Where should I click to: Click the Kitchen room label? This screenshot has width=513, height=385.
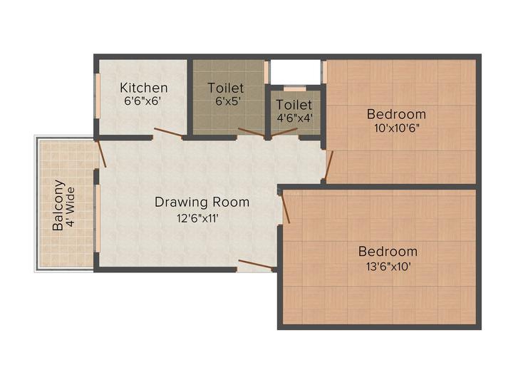click(144, 88)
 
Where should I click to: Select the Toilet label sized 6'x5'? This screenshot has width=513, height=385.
click(225, 88)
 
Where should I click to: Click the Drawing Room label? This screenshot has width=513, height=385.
click(202, 202)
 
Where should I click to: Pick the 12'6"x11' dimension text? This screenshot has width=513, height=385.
click(202, 219)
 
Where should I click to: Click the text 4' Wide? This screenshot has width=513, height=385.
click(73, 205)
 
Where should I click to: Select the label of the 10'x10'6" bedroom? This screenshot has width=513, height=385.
click(396, 114)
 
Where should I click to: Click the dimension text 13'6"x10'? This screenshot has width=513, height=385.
click(388, 267)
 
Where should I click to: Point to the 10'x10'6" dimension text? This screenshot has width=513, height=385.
click(396, 130)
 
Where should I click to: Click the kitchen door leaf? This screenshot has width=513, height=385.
click(167, 133)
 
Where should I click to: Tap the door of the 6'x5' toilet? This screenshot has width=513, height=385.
click(251, 131)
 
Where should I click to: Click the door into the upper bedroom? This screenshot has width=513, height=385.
click(329, 165)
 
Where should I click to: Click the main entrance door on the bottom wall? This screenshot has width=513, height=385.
click(255, 265)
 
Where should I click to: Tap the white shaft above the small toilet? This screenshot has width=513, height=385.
click(294, 72)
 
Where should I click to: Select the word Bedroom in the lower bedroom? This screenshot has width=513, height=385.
click(388, 252)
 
